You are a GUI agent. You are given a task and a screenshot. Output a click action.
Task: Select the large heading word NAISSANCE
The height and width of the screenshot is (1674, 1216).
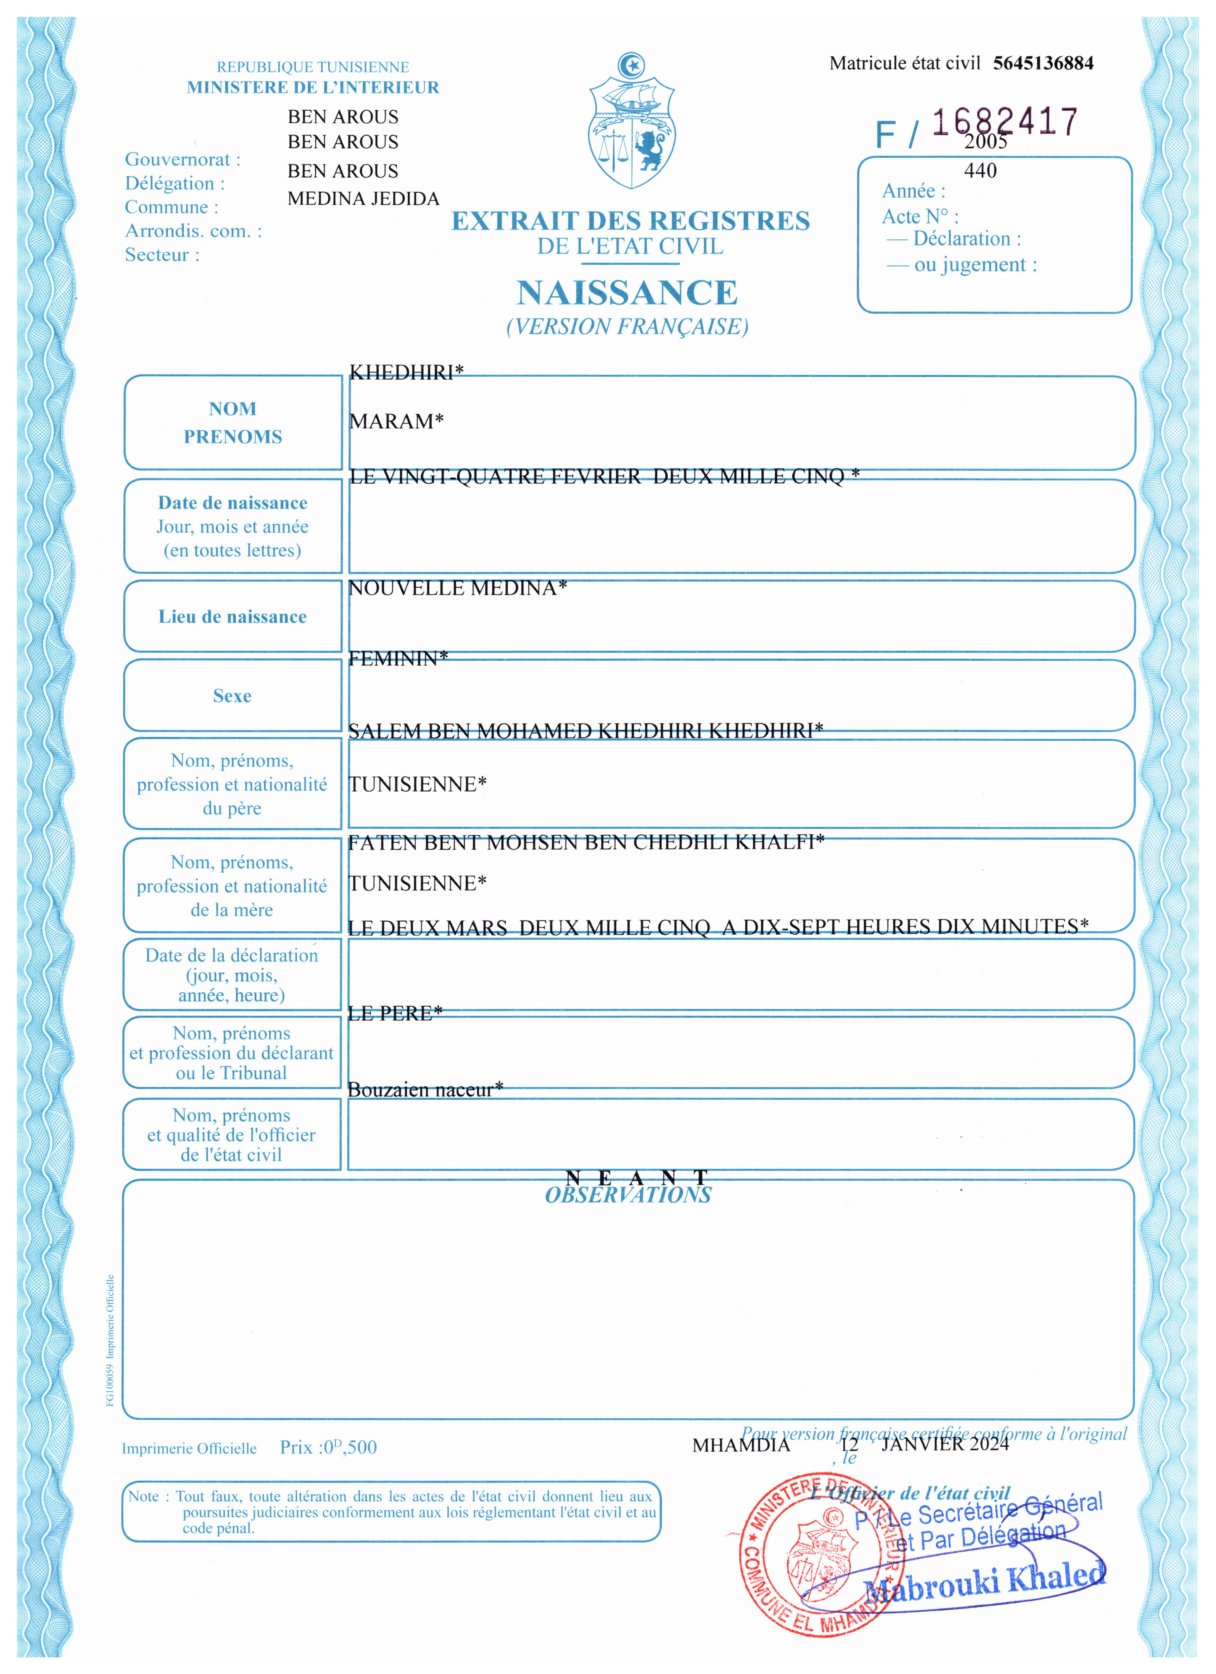tap(627, 293)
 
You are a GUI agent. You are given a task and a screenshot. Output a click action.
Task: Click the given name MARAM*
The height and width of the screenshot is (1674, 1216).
tap(396, 421)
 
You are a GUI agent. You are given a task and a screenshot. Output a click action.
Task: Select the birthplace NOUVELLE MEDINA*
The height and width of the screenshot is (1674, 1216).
tap(458, 588)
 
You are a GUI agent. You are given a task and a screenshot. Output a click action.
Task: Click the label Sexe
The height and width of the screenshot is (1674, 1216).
tap(232, 696)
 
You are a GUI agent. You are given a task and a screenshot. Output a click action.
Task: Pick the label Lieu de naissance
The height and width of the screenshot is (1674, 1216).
tap(232, 617)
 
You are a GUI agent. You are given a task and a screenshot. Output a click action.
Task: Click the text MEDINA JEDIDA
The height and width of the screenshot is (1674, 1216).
tap(363, 199)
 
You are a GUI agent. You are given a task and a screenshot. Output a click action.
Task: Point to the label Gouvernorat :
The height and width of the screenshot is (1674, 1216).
tap(182, 160)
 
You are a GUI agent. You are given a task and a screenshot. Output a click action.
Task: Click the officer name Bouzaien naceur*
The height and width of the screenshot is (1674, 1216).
tap(425, 1090)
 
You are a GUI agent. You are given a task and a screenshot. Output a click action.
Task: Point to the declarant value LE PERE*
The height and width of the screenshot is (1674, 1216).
tap(395, 1013)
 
